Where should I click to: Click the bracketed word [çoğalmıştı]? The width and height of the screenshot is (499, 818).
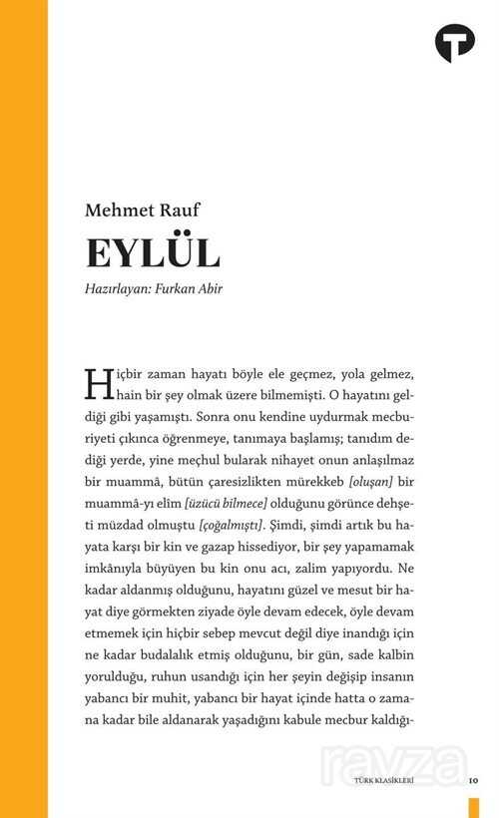click(233, 526)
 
